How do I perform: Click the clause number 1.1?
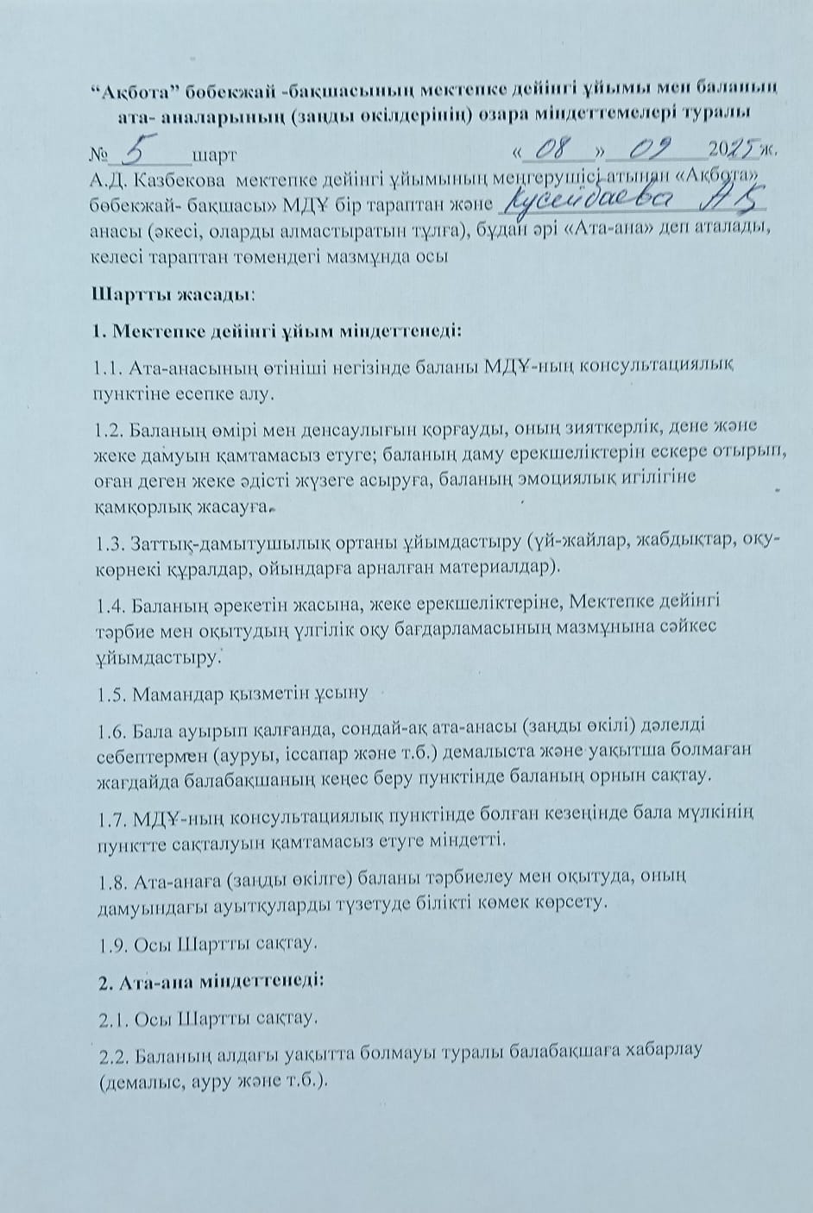(109, 368)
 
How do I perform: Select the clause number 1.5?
(109, 691)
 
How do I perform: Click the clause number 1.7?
(109, 814)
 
